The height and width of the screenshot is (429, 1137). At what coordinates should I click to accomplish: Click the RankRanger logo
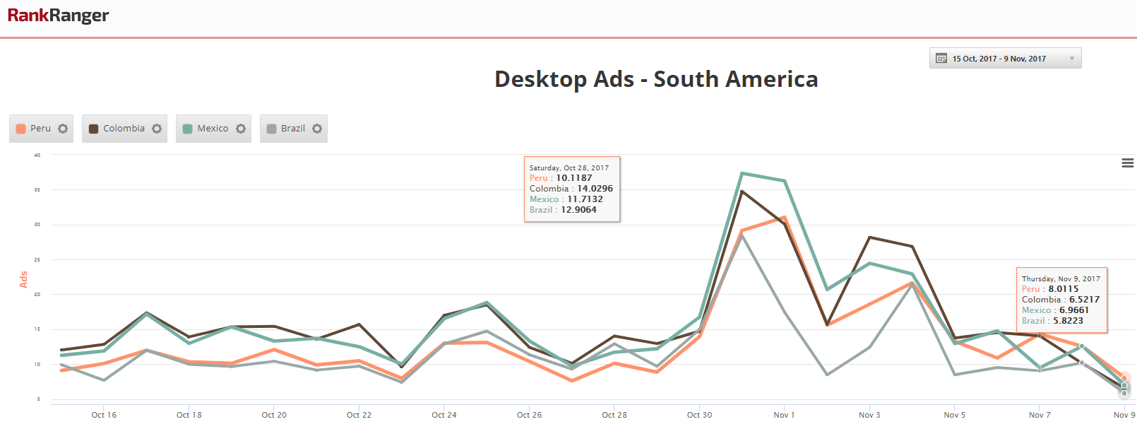pos(58,16)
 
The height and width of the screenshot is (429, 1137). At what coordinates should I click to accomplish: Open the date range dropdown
pos(1005,59)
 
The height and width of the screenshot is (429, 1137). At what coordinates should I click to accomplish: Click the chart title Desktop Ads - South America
pos(656,79)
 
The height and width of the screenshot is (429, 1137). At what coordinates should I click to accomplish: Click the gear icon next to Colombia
pos(157,129)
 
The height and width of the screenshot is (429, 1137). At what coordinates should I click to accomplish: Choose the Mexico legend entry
pos(206,129)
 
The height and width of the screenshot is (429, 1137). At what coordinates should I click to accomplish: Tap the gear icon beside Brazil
pos(317,129)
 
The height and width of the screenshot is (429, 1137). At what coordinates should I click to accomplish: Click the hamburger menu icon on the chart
pos(1128,163)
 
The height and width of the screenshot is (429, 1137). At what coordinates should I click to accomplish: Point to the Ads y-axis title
pos(23,279)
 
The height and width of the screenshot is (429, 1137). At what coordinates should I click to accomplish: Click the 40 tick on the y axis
pos(37,155)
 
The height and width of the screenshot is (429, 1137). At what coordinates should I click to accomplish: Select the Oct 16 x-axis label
pos(104,415)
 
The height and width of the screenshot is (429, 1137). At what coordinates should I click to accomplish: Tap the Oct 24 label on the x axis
pos(444,415)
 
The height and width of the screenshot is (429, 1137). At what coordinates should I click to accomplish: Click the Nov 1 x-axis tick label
pos(784,415)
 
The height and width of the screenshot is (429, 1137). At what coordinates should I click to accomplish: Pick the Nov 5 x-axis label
pos(954,415)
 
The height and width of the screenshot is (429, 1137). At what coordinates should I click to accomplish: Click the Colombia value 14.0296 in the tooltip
pos(595,189)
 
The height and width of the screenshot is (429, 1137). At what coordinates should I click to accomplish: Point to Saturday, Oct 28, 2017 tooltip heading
pos(569,168)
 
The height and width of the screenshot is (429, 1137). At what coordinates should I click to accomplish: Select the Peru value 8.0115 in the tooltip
pos(1064,289)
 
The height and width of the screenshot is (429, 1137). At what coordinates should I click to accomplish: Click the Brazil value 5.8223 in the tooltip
pos(1068,321)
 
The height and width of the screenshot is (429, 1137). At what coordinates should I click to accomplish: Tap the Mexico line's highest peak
pos(742,173)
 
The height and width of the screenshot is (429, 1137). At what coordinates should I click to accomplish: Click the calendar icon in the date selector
pos(941,59)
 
